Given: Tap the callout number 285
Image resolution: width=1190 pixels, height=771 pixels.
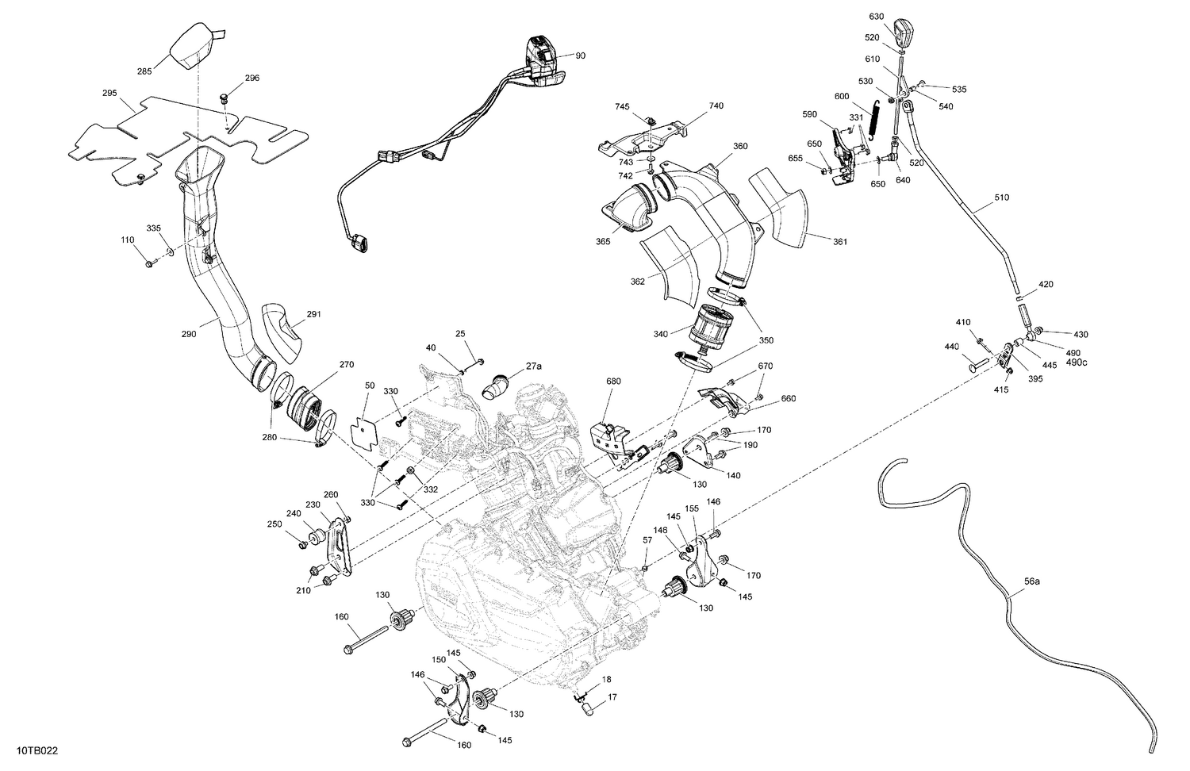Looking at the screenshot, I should pos(144,71).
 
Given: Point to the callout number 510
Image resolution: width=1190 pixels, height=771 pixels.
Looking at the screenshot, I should pos(1001,198).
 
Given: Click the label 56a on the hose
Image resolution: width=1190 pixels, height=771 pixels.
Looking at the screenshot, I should pos(1031,581).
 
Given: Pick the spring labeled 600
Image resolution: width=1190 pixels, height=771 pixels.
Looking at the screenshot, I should pos(873,121).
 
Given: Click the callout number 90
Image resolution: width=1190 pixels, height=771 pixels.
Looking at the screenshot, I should pos(580,56).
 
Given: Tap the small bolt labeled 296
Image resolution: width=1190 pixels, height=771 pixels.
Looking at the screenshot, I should pos(225,98).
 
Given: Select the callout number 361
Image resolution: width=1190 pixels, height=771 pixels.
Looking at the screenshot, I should pos(839,241).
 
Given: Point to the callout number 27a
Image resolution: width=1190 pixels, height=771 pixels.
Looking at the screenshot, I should pos(533,366).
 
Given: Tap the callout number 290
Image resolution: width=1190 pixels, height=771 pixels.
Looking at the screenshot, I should pos(188,335).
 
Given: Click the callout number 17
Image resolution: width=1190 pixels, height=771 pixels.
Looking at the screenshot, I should pos(612,699).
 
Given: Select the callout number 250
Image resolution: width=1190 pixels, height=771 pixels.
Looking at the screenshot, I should pos(274,524).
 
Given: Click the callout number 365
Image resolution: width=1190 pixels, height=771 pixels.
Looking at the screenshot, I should pos(604,242).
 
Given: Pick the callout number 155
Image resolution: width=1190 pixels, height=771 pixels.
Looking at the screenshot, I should pos(691,508).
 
